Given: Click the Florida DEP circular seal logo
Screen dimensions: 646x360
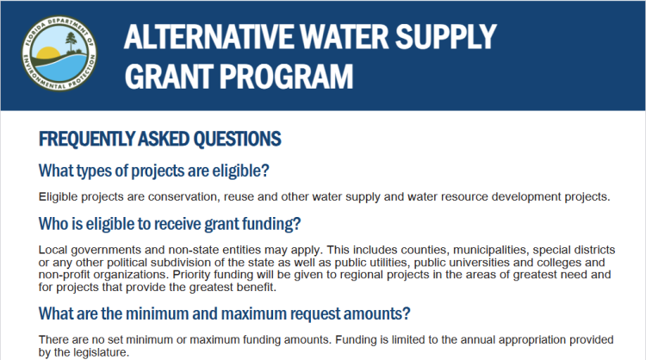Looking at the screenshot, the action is [59, 53].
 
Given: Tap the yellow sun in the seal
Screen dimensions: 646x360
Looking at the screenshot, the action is [48, 53].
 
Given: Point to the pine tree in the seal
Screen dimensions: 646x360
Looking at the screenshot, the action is [71, 43].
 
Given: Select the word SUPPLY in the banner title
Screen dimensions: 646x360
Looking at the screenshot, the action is [446, 37].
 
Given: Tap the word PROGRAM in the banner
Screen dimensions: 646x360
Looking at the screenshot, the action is [286, 77].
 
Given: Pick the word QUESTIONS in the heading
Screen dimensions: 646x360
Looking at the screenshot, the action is [238, 140].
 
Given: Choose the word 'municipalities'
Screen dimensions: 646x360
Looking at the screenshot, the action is [490, 251].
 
